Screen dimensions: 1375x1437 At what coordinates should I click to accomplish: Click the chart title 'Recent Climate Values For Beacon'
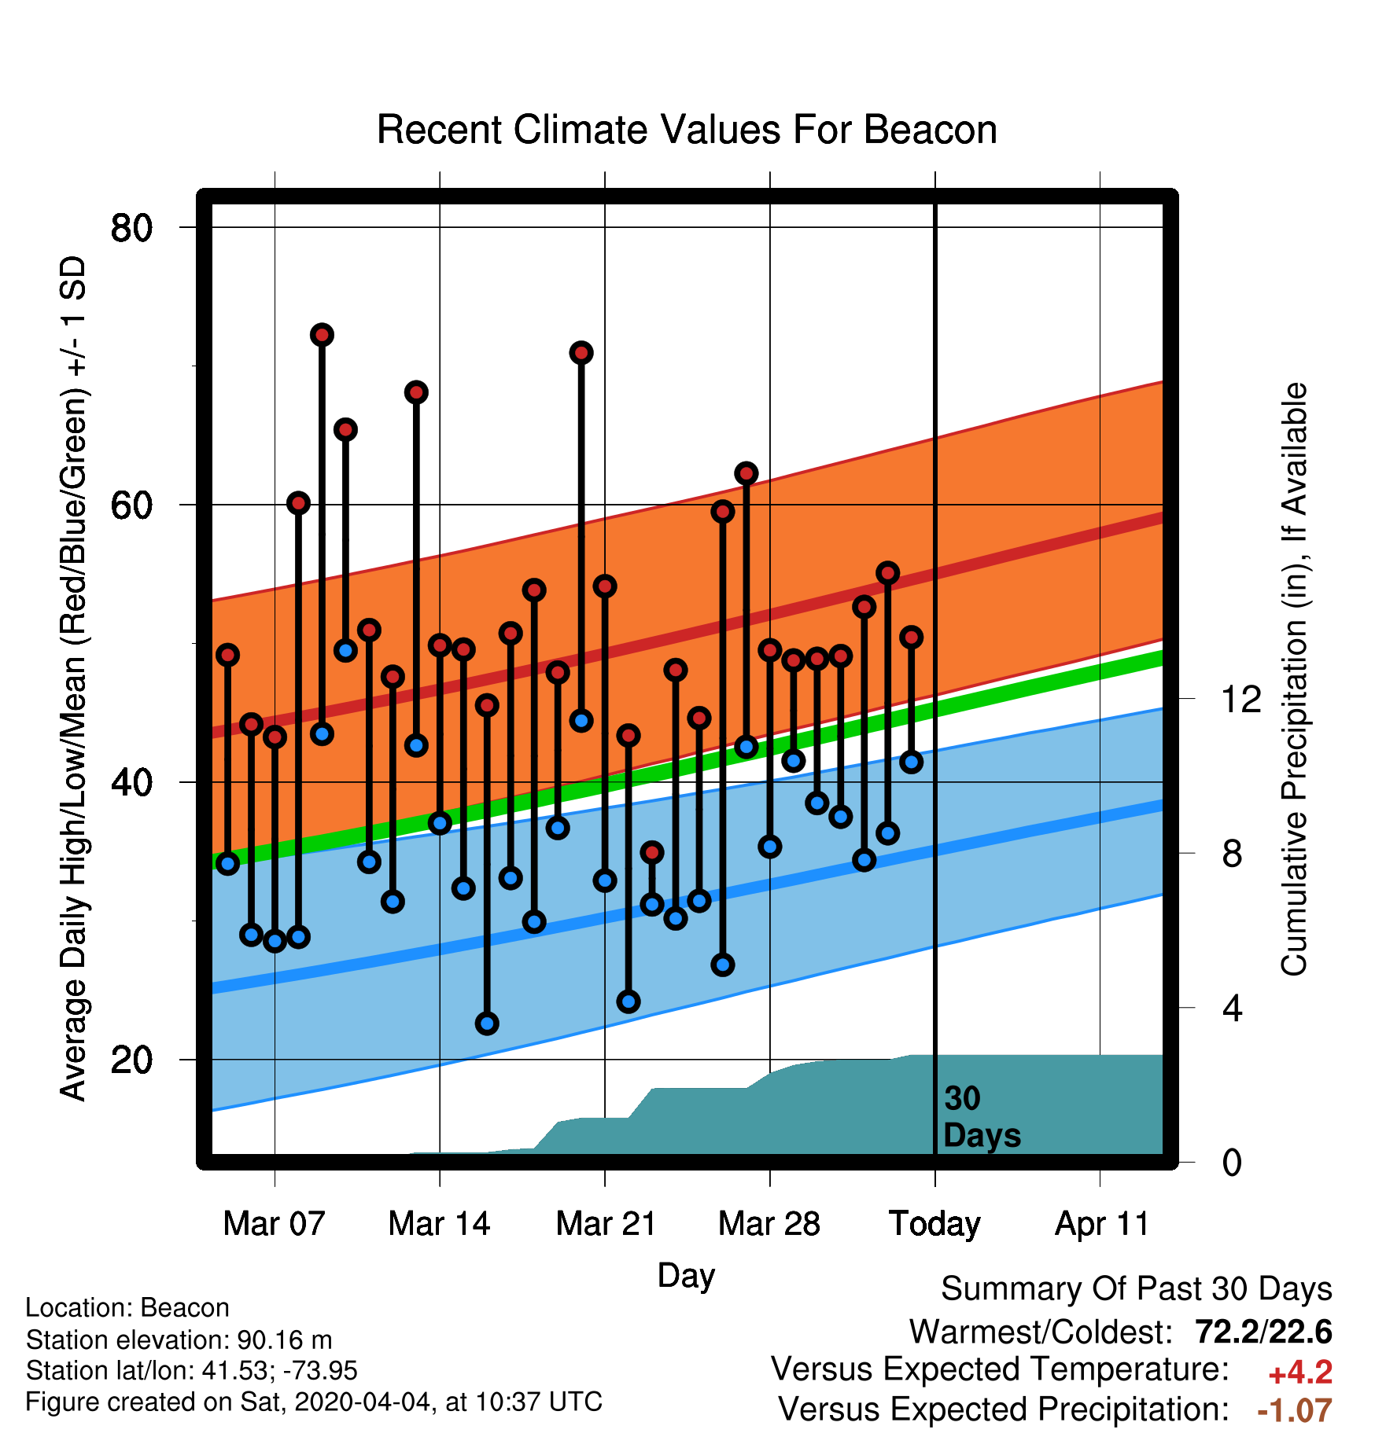tap(687, 130)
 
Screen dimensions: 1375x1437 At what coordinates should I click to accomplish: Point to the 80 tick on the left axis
tap(131, 228)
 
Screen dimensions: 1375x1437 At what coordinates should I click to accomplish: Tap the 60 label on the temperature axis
tap(131, 505)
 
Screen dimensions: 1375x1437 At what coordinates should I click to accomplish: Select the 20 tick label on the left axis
tap(131, 1060)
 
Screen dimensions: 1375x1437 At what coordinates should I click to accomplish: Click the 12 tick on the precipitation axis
tap(1241, 699)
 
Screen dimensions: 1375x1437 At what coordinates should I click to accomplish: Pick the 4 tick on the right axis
tap(1232, 1008)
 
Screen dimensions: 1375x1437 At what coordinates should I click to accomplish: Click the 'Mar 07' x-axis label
tap(274, 1224)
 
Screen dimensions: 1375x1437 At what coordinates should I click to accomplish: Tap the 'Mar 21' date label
tap(606, 1224)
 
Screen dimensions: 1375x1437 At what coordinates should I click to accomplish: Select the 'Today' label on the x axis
tap(934, 1224)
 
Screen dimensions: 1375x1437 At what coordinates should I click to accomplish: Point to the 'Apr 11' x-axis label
tap(1102, 1224)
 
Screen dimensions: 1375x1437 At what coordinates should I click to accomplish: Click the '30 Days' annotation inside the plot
tap(982, 1117)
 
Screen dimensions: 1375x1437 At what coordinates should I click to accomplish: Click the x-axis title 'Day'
tap(686, 1275)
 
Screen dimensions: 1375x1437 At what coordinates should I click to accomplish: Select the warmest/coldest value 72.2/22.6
tap(1263, 1332)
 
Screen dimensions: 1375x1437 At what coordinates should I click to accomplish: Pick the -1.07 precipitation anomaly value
tap(1295, 1410)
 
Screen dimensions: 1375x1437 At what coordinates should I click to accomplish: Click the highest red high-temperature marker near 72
tap(322, 335)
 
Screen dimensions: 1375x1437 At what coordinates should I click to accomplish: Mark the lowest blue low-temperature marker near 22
tap(487, 1024)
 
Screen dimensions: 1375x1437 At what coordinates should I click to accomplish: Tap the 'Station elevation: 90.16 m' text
tap(179, 1340)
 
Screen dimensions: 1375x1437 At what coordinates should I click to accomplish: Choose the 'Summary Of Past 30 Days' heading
tap(1137, 1289)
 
